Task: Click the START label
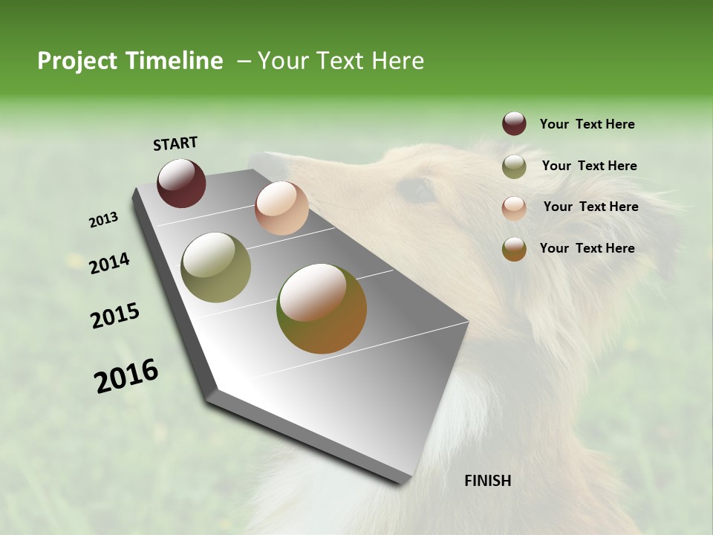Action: [x=175, y=143]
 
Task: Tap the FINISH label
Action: [x=487, y=481]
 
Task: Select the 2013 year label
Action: [x=103, y=220]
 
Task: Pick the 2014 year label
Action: [x=109, y=263]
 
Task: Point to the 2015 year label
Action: [x=115, y=316]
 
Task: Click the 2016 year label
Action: [x=126, y=376]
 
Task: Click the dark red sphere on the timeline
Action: [x=181, y=183]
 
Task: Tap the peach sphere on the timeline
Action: [x=281, y=208]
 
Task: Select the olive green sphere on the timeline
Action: [x=215, y=267]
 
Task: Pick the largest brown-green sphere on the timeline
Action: [x=322, y=308]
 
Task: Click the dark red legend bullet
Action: [x=514, y=124]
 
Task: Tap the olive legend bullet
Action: [x=514, y=166]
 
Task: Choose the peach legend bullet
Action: [x=514, y=207]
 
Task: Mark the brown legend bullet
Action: [x=514, y=249]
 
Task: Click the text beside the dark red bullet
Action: [x=587, y=124]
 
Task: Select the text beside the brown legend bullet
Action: [x=587, y=248]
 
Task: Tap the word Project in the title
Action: [x=77, y=61]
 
